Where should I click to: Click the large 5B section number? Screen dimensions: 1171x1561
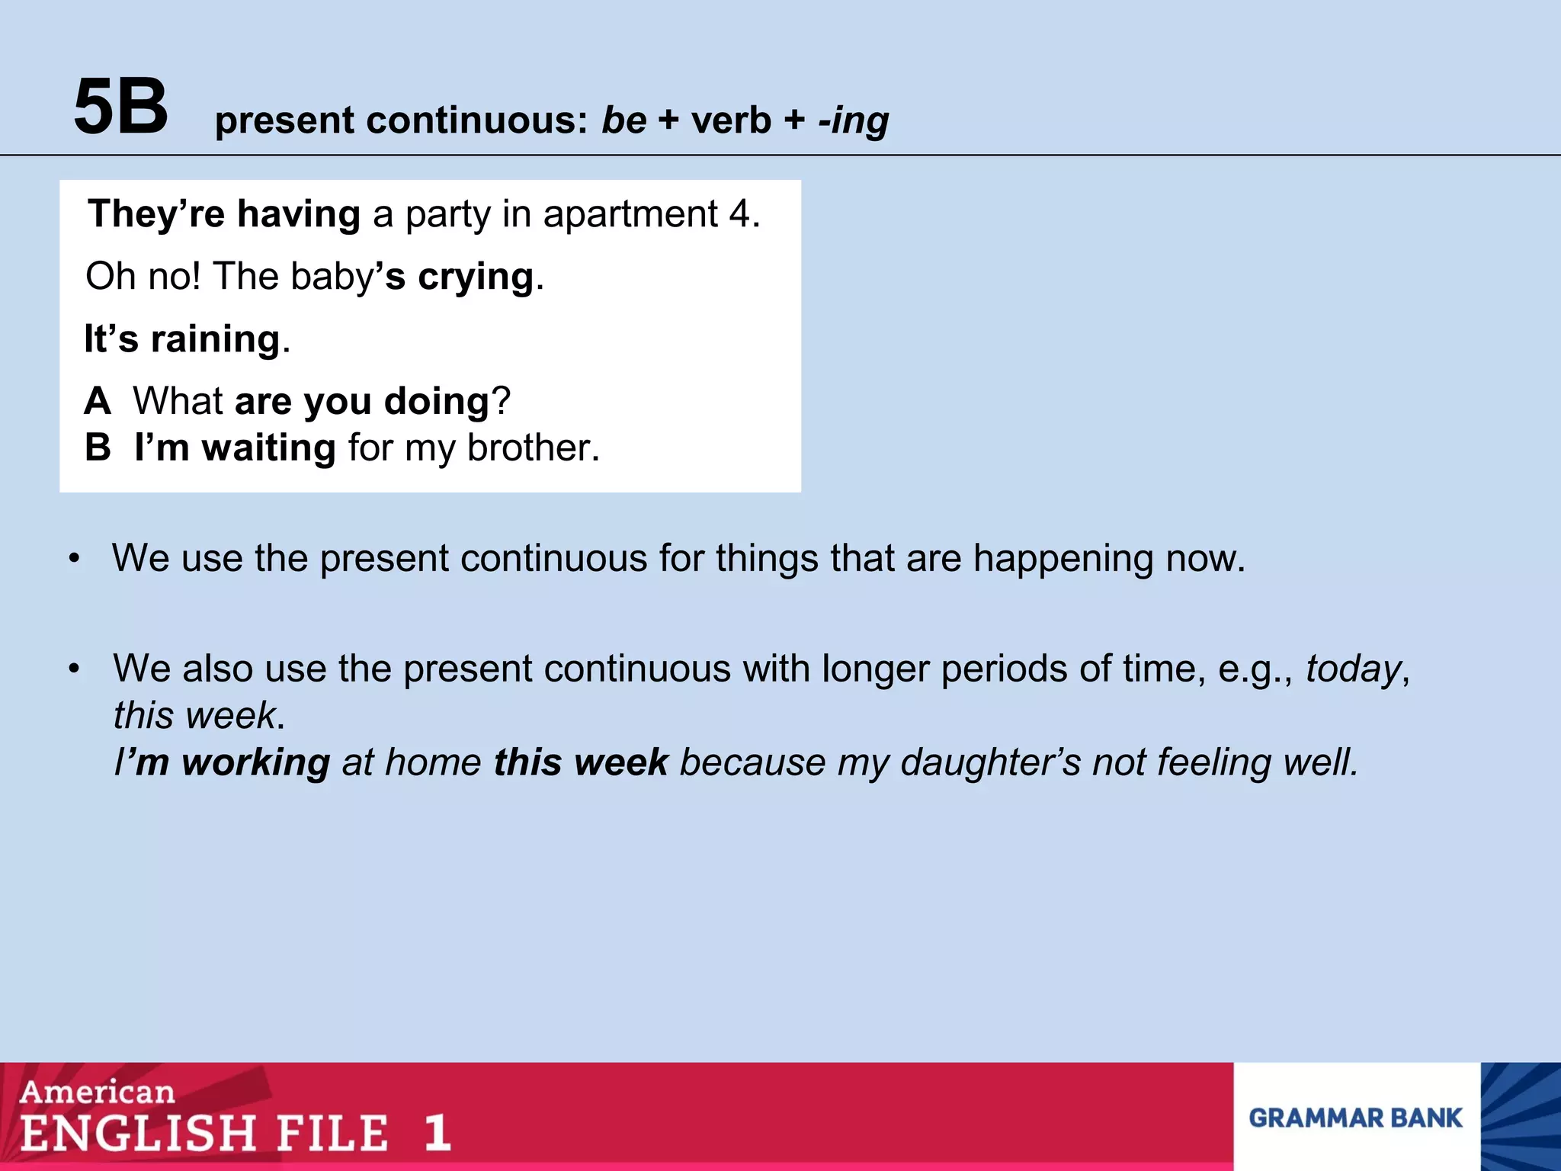pos(120,107)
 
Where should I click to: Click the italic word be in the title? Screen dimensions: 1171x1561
pos(623,120)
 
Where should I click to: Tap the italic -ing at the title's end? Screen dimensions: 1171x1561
pos(853,120)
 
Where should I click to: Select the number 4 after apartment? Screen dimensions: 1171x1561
pos(739,214)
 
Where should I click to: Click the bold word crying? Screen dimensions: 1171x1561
pos(476,277)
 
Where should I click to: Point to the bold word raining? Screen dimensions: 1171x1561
pos(216,339)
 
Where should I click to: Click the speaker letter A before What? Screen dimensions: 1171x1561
pos(98,401)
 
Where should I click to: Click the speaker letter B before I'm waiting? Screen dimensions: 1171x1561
pos(98,448)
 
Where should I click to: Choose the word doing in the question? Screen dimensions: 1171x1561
pos(436,401)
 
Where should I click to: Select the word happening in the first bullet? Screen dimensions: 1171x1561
pos(1063,560)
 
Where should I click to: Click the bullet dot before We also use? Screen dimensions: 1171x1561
pos(74,669)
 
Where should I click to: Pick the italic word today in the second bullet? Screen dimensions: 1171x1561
pos(1353,669)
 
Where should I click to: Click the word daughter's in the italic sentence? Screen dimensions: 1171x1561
pos(990,762)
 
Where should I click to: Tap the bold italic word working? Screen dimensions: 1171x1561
pos(255,762)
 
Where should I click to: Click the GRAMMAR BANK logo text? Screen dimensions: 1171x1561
pos(1355,1118)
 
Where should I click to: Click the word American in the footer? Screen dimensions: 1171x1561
pos(98,1092)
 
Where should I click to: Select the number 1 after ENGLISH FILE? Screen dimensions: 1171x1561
pos(437,1133)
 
